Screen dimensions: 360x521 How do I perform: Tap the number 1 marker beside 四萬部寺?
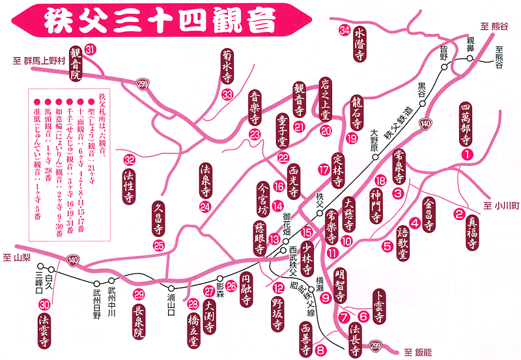point(466,154)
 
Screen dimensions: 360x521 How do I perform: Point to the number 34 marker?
point(344,30)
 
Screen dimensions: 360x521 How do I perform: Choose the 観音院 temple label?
point(76,65)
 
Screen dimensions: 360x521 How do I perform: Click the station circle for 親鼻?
point(469,58)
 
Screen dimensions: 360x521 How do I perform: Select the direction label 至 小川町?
point(500,206)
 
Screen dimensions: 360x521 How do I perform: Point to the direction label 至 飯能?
point(417,352)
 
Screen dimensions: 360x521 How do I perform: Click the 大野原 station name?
point(374,141)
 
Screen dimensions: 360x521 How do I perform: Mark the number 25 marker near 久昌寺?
point(160,245)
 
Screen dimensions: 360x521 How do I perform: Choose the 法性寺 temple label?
point(130,185)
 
